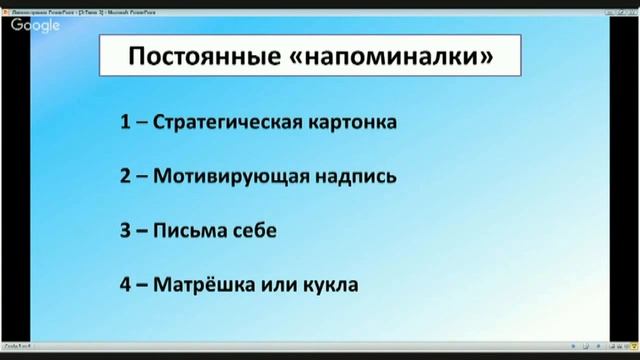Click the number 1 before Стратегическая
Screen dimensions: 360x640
[x=125, y=123]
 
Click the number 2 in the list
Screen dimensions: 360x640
[x=125, y=177]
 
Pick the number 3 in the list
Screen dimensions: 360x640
[x=125, y=231]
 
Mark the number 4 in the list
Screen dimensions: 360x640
[x=125, y=285]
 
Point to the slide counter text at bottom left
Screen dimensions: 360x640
[x=18, y=343]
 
